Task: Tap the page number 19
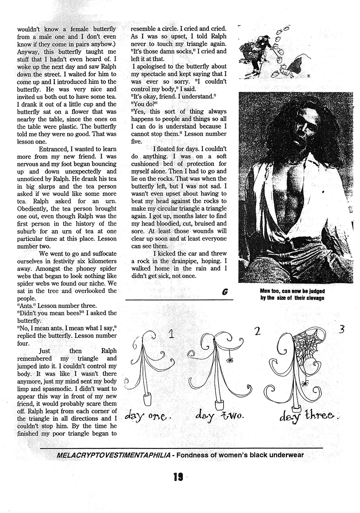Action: (x=178, y=477)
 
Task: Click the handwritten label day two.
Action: (x=220, y=415)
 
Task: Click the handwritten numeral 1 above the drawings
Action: (x=171, y=334)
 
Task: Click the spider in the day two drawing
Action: (x=229, y=359)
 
